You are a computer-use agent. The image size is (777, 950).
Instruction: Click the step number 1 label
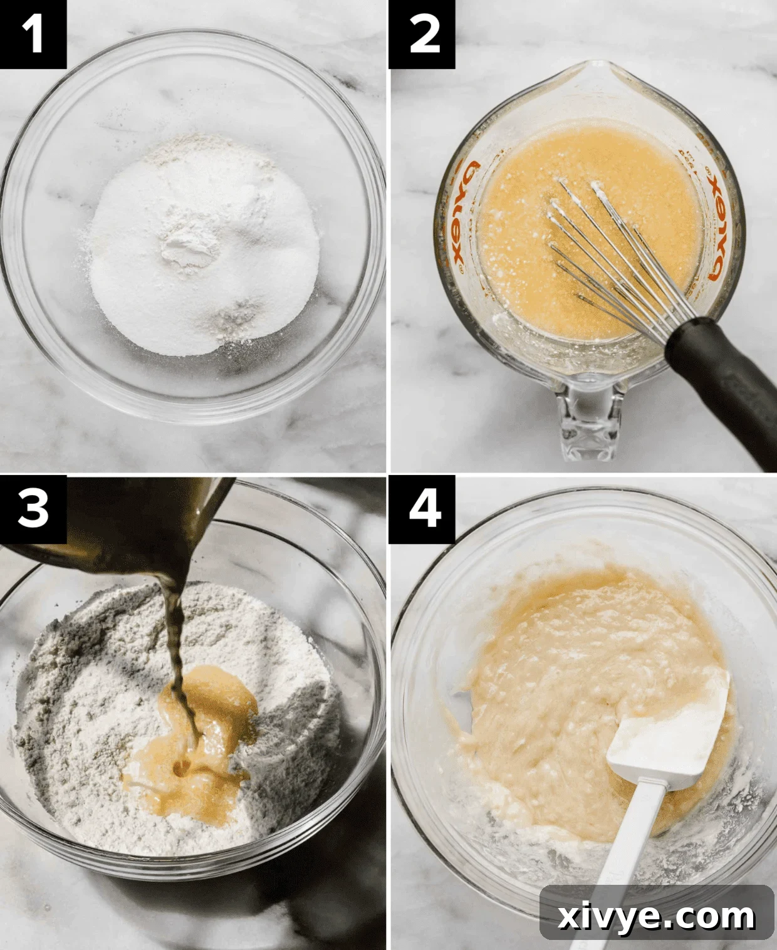point(33,34)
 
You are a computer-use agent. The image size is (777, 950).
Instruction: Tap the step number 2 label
point(422,34)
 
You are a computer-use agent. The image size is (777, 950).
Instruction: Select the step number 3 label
point(33,509)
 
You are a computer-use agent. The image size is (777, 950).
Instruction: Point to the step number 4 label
point(422,509)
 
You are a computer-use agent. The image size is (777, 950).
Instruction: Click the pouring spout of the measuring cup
point(599,75)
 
